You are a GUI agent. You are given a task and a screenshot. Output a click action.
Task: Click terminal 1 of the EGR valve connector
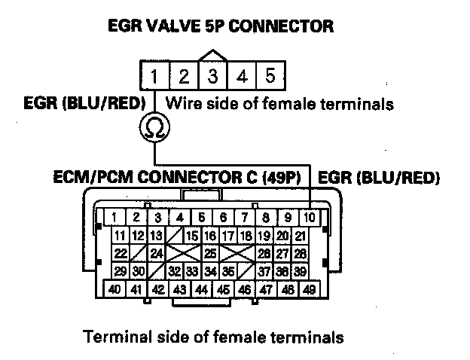(x=154, y=77)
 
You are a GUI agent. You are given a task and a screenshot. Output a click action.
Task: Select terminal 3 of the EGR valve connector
(x=213, y=77)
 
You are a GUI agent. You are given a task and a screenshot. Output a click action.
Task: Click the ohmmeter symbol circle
(x=154, y=130)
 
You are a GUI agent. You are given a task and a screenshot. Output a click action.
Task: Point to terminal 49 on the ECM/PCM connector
(x=310, y=288)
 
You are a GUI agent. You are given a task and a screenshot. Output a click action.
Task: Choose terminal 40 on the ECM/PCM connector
(x=115, y=288)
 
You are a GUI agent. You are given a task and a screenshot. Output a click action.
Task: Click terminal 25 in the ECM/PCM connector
(x=212, y=253)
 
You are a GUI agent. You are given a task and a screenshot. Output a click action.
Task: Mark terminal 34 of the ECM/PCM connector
(x=212, y=270)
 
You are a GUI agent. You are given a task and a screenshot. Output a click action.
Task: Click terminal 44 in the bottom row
(x=201, y=288)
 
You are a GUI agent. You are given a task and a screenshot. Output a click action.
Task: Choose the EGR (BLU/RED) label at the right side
(x=380, y=179)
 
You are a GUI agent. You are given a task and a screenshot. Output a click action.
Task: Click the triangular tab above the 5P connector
(x=213, y=55)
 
